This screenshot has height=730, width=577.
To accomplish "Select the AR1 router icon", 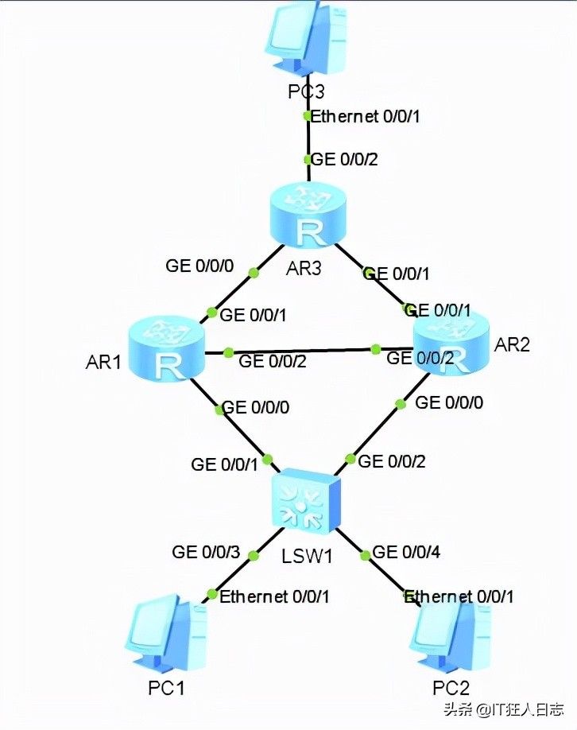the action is (x=166, y=349).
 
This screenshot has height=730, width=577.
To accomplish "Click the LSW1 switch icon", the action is (x=307, y=501).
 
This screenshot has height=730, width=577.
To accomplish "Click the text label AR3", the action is (x=304, y=269).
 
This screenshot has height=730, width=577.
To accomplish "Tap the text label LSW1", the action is (x=307, y=556).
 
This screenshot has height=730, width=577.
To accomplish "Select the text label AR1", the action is (x=103, y=362).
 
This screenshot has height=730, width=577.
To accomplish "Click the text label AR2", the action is (x=512, y=344).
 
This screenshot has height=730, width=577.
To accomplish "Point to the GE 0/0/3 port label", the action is (x=206, y=552).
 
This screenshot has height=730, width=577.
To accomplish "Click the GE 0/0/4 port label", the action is (x=406, y=552).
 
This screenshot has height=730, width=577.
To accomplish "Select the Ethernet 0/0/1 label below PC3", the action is (x=365, y=116).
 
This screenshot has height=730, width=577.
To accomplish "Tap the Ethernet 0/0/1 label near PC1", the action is (x=274, y=596).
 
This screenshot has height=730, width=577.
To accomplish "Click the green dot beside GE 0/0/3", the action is (x=254, y=555).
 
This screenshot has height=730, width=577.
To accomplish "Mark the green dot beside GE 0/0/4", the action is (x=366, y=555).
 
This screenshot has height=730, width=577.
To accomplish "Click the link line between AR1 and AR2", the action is (x=309, y=351).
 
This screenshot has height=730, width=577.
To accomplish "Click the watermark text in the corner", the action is (x=504, y=709).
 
